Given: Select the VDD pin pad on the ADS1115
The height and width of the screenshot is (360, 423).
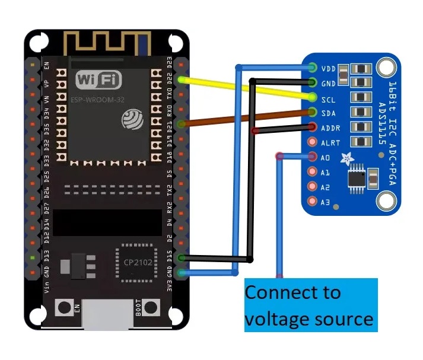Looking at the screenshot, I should pyautogui.click(x=313, y=68).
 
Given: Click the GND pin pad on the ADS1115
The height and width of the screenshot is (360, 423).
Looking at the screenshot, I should pyautogui.click(x=313, y=82).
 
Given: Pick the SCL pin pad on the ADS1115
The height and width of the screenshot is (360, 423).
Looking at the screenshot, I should pyautogui.click(x=313, y=97).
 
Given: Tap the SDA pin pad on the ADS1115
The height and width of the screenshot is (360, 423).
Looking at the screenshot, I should pyautogui.click(x=313, y=111).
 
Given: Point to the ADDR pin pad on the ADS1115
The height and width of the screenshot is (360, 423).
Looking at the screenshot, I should pyautogui.click(x=313, y=126).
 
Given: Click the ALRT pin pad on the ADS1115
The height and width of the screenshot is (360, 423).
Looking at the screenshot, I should pyautogui.click(x=313, y=142).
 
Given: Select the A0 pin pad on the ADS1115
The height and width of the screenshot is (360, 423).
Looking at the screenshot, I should pyautogui.click(x=313, y=157).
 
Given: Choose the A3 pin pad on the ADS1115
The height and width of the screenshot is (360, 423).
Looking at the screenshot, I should pyautogui.click(x=313, y=202).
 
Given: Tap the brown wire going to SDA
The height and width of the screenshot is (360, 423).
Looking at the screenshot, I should pyautogui.click(x=249, y=117).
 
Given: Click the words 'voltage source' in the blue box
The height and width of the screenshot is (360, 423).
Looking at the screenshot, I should pyautogui.click(x=309, y=319).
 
